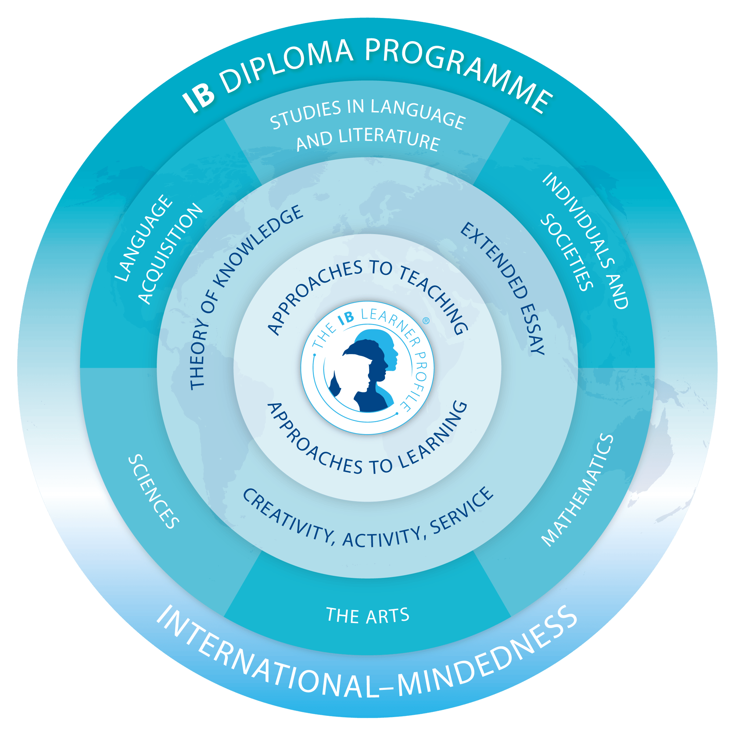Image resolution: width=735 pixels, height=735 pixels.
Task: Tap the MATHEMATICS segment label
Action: point(576,490)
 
